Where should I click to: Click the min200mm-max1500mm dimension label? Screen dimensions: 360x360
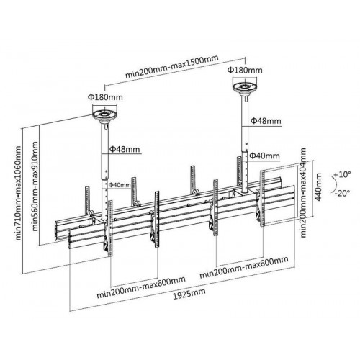click(172, 67)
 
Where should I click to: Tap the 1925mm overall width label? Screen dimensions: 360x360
click(189, 294)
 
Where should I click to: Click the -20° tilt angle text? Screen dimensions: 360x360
click(343, 193)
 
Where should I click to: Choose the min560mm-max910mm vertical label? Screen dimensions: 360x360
click(35, 186)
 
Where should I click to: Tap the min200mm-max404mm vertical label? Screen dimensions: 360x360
click(303, 193)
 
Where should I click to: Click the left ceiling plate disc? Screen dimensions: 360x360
click(105, 115)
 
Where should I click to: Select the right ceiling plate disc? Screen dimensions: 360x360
click(245, 87)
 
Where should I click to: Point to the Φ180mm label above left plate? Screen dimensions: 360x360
click(105, 97)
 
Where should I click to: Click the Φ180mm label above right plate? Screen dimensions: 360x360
click(245, 70)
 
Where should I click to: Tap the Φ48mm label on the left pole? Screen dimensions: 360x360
click(125, 149)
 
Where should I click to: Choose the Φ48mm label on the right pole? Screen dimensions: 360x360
click(266, 120)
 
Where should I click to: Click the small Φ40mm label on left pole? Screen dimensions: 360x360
click(120, 185)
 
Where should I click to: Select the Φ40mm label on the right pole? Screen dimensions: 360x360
click(264, 156)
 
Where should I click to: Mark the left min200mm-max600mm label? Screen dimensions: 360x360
click(141, 287)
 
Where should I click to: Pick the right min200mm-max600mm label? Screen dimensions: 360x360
click(244, 268)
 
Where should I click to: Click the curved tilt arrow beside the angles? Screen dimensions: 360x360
click(335, 184)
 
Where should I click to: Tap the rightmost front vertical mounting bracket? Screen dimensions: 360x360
click(262, 198)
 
